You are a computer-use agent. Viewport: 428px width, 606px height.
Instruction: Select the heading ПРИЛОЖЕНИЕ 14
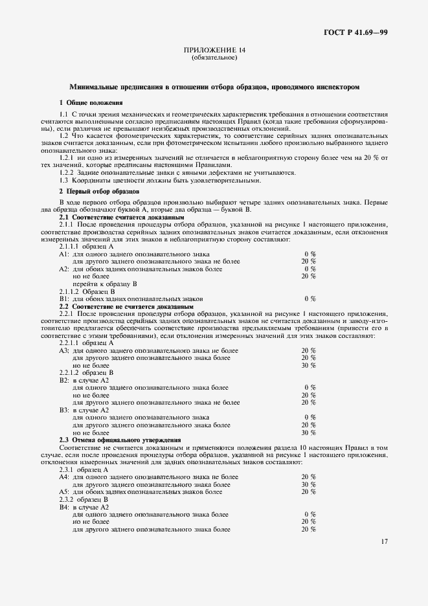(214, 50)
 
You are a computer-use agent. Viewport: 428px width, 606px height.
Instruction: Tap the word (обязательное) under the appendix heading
(214, 58)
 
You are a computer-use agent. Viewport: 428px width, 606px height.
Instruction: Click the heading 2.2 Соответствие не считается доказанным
(126, 306)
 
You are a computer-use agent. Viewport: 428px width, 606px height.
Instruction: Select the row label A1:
(64, 254)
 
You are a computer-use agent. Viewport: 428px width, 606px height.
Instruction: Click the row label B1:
(64, 298)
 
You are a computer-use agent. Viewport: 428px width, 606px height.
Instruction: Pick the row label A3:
(64, 350)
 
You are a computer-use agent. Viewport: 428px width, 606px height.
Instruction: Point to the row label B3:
(64, 410)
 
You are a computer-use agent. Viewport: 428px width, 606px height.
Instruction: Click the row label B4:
(64, 507)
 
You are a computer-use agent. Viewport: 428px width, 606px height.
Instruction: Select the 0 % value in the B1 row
(310, 298)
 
